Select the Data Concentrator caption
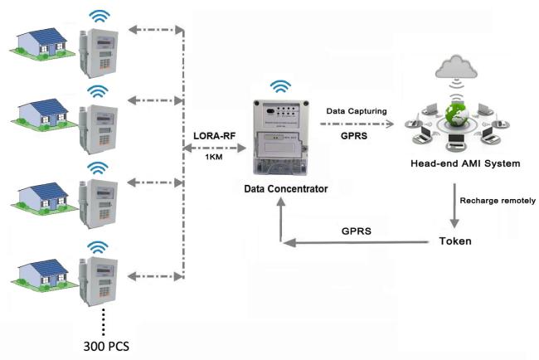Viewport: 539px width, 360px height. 285,189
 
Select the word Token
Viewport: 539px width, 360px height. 456,241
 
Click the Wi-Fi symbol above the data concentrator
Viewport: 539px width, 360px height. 283,86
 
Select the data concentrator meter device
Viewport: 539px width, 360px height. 283,137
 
